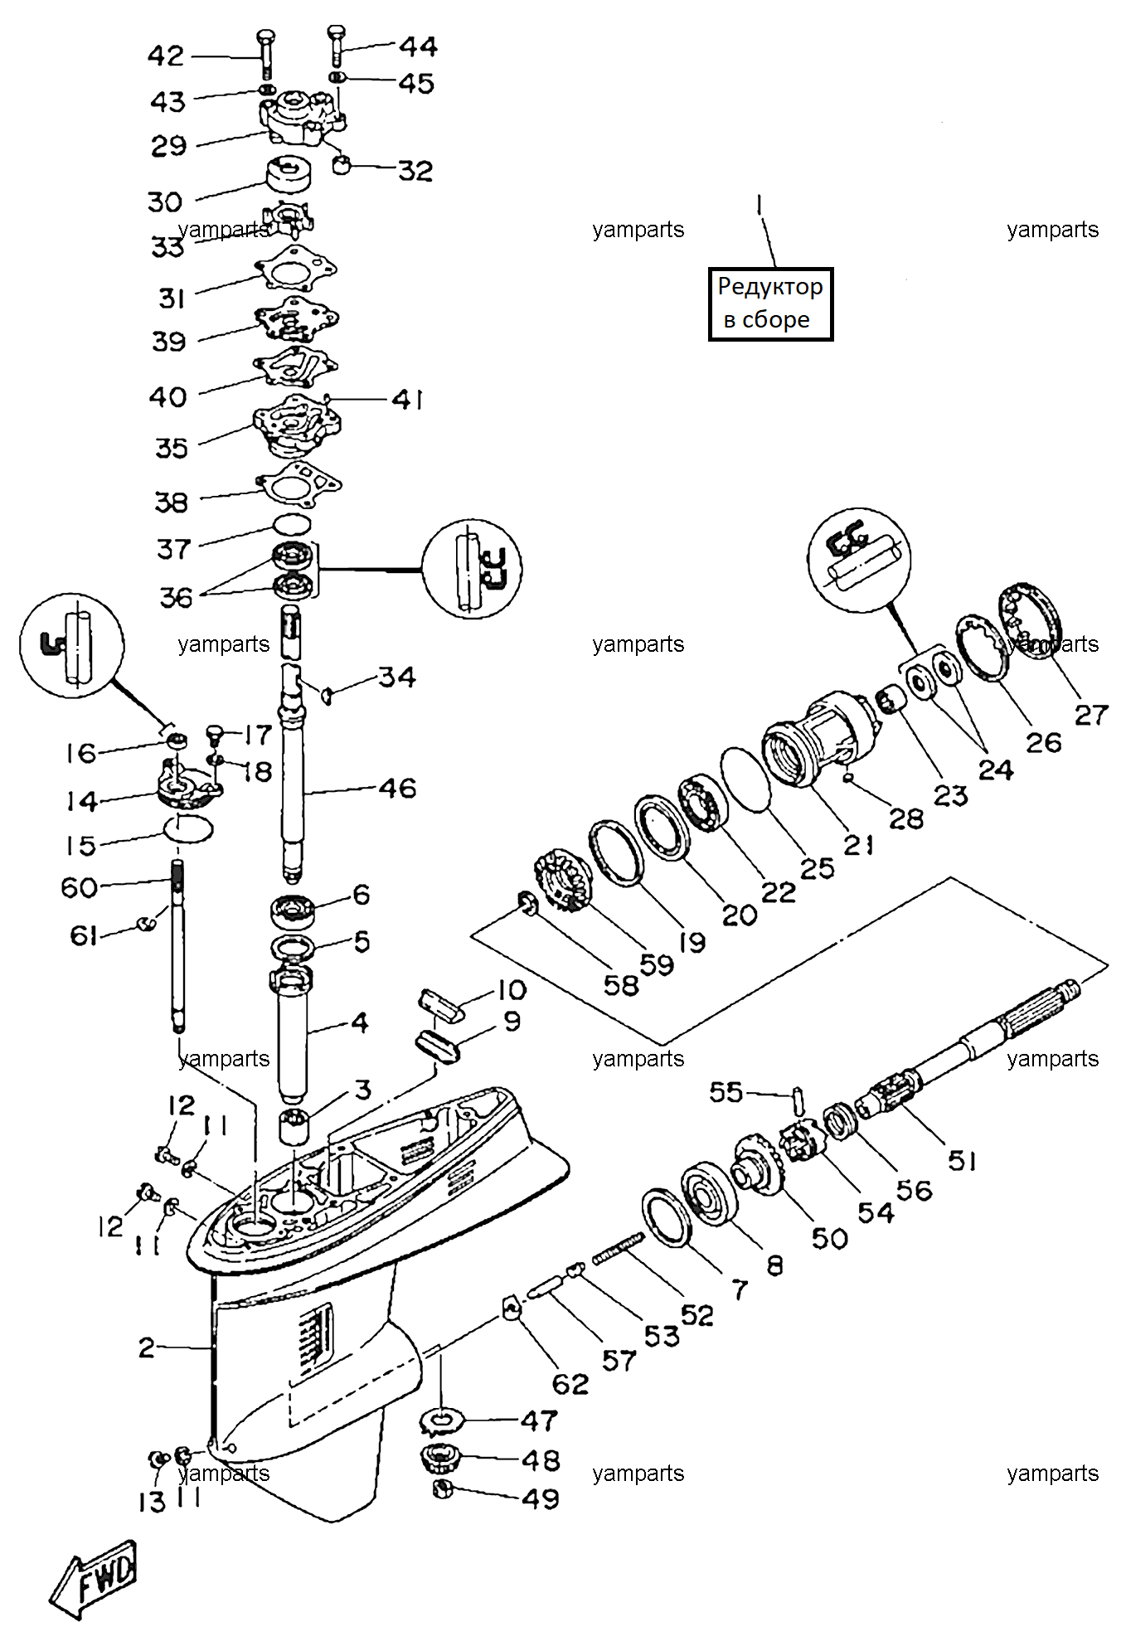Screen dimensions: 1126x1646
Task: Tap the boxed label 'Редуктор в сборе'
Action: pyautogui.click(x=770, y=303)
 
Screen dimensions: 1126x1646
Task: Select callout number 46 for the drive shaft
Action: pyautogui.click(x=397, y=788)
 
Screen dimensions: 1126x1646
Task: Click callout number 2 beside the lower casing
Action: pyautogui.click(x=147, y=1347)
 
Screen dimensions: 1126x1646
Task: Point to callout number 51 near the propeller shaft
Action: pyautogui.click(x=962, y=1161)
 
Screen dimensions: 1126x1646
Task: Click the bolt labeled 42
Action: pyautogui.click(x=266, y=54)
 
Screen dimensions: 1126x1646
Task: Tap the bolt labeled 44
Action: pyautogui.click(x=335, y=46)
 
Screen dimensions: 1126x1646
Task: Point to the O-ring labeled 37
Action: pyautogui.click(x=293, y=524)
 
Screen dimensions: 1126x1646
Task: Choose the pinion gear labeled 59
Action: pyautogui.click(x=563, y=882)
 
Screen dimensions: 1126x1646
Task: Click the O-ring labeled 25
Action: pyautogui.click(x=746, y=780)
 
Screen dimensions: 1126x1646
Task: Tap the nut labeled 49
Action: pyautogui.click(x=443, y=1489)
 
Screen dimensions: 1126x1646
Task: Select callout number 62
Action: pyautogui.click(x=570, y=1383)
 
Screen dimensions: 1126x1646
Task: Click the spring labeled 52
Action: pyautogui.click(x=618, y=1247)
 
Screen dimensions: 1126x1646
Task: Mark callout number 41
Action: pyautogui.click(x=408, y=400)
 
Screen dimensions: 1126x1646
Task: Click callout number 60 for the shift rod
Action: pyautogui.click(x=80, y=887)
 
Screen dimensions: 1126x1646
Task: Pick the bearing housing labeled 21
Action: pyautogui.click(x=820, y=739)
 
